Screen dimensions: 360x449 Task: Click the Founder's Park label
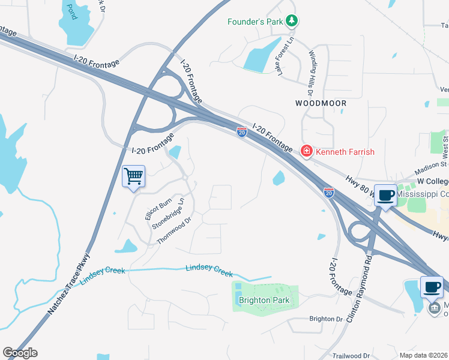pyautogui.click(x=255, y=22)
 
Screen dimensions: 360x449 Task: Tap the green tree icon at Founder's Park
pyautogui.click(x=292, y=22)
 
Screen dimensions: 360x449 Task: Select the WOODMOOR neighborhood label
pyautogui.click(x=321, y=103)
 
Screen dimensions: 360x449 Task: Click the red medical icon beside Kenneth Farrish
pyautogui.click(x=307, y=151)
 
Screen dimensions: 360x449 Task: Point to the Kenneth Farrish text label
pyautogui.click(x=345, y=152)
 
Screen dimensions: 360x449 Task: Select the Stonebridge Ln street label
pyautogui.click(x=167, y=212)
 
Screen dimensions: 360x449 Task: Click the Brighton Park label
pyautogui.click(x=264, y=300)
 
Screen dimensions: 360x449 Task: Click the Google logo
pyautogui.click(x=20, y=353)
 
